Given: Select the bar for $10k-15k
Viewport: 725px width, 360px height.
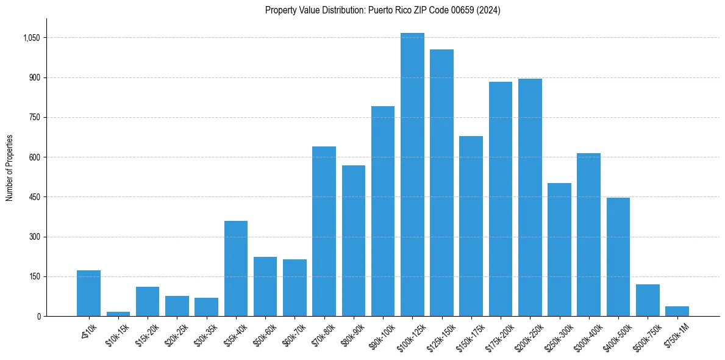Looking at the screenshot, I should tap(118, 314).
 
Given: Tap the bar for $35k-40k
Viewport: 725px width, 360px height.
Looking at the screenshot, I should tap(236, 268).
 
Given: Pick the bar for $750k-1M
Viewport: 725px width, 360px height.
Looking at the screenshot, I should tap(677, 311).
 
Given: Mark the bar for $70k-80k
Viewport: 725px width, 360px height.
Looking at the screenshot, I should tap(324, 231).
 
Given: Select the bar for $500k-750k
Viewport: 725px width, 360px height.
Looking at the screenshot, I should tap(648, 300).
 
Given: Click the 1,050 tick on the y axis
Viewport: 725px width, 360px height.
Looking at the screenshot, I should tap(31, 38).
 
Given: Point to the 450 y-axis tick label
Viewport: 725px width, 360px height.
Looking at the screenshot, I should tap(34, 197).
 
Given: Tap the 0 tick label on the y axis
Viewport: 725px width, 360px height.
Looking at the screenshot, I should tap(38, 316).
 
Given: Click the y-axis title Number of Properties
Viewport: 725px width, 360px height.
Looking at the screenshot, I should tap(9, 168).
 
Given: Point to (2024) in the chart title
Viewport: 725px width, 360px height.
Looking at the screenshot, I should tap(488, 10).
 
